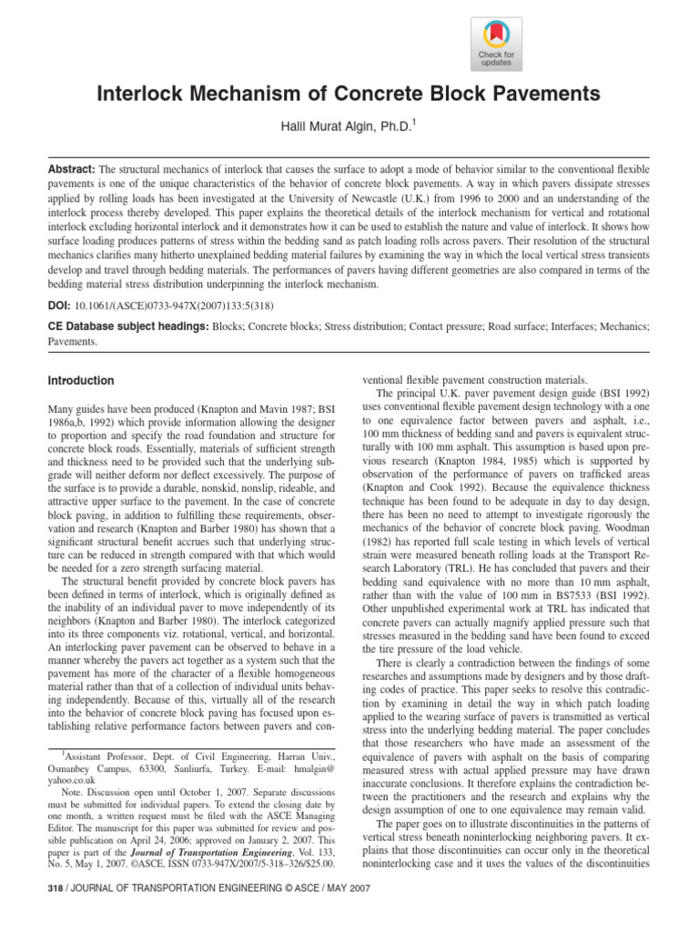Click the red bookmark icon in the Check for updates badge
click(x=496, y=35)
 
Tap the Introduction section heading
click(x=81, y=381)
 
